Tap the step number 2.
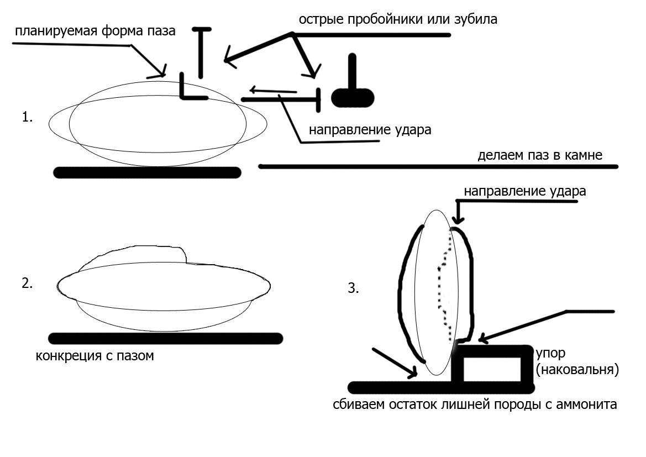point(27,284)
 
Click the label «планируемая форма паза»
point(95,30)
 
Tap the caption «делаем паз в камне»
point(539,156)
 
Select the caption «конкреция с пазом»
point(94,355)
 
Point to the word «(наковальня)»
point(576,369)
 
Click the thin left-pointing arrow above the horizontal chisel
point(272,90)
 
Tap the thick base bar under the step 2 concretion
point(165,338)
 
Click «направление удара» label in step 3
point(524,192)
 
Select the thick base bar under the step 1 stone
point(148,172)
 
